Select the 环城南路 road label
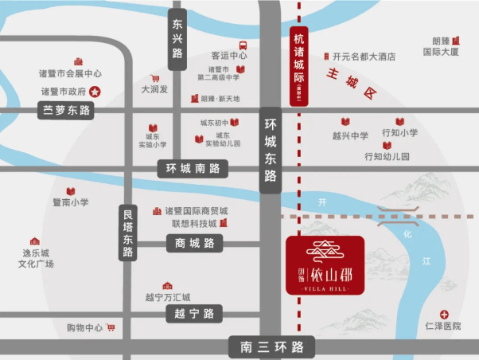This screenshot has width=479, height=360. coord(192,169)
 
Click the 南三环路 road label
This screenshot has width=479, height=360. coord(271,347)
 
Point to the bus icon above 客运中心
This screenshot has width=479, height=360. coord(242,45)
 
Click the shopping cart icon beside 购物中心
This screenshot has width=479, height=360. coord(111,327)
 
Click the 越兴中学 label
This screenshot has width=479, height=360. coord(350,135)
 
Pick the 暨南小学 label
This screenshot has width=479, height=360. coord(70,202)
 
